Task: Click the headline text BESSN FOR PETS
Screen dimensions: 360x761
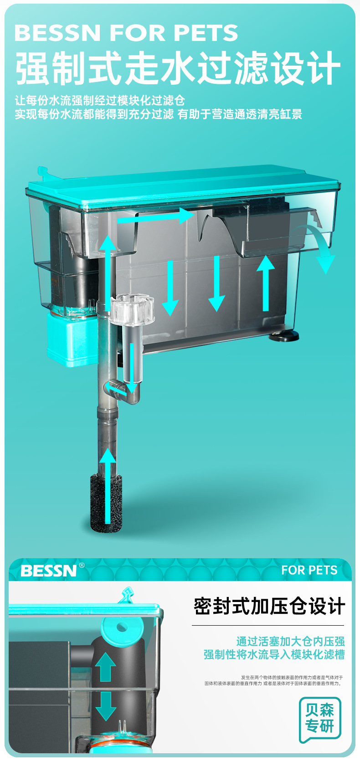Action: (x=126, y=33)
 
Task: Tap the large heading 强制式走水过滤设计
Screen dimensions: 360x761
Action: (x=178, y=68)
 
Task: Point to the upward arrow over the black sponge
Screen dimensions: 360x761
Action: (x=108, y=486)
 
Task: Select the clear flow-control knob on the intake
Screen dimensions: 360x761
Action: (x=133, y=309)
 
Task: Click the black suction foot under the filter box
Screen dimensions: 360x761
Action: (x=284, y=336)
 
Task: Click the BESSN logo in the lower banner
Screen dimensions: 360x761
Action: (x=49, y=571)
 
